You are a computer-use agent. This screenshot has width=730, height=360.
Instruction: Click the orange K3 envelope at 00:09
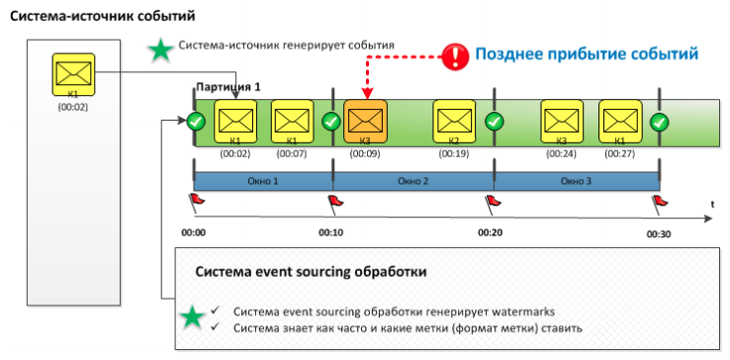tap(367, 123)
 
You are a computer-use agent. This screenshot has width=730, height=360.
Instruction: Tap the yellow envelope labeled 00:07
tap(291, 122)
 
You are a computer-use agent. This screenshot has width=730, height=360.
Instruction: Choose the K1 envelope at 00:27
tap(619, 122)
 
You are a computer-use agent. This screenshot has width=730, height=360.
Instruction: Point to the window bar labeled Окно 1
tap(262, 181)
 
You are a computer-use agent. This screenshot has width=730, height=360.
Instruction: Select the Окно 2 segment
tap(412, 181)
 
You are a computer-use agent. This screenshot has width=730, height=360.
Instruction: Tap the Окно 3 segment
tap(576, 181)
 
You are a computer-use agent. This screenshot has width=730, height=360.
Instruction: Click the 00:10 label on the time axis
tap(330, 233)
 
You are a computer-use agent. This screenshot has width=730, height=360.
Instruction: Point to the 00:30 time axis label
tap(659, 233)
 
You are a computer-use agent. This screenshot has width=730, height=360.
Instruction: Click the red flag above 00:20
tap(493, 202)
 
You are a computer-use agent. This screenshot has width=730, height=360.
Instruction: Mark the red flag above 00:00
tap(196, 202)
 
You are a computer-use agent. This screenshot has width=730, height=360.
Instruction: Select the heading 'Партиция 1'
tap(228, 87)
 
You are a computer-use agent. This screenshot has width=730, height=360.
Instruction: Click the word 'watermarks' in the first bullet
tap(499, 311)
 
